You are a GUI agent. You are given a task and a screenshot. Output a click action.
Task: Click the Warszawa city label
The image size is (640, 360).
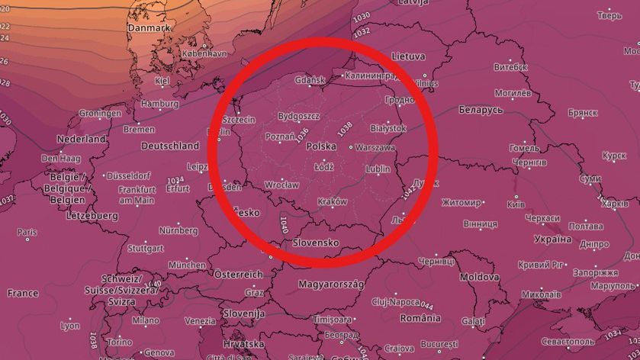[x=375, y=147]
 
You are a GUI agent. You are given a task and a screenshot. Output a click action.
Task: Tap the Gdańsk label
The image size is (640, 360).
[x=310, y=80]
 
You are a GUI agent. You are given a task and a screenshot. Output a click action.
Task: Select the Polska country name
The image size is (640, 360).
[x=321, y=145]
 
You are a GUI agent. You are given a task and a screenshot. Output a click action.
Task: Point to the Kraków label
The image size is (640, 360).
[x=333, y=201]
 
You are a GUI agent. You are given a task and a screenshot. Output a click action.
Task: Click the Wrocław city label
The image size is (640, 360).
[x=281, y=185]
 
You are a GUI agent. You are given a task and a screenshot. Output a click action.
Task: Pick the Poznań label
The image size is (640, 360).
[x=279, y=137]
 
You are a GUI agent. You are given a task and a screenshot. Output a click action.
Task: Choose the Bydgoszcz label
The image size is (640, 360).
[x=298, y=116]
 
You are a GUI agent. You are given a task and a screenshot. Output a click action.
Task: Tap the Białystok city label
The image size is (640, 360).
[x=388, y=128]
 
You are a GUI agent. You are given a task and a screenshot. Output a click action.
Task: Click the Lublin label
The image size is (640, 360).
[x=378, y=169]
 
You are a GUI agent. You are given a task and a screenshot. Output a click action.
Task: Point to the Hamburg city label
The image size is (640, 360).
[x=159, y=104]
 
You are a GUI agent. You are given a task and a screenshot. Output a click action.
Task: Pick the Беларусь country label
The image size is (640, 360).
[x=481, y=111]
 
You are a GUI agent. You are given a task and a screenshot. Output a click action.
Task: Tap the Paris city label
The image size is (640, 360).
[x=27, y=232]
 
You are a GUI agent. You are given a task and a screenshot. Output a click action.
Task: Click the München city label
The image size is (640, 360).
[x=187, y=265]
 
